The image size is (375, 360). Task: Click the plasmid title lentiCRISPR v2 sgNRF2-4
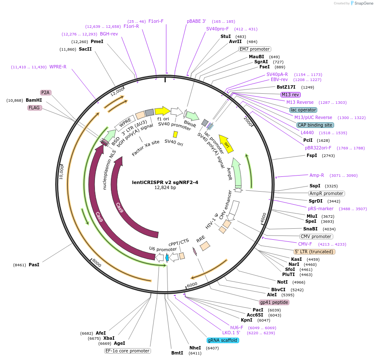[165, 182]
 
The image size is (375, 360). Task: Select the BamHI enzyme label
[34, 100]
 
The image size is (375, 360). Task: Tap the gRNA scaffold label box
[223, 340]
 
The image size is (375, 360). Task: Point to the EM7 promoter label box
[254, 49]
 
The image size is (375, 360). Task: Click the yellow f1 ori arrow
[162, 111]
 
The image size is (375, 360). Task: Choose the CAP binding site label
[315, 125]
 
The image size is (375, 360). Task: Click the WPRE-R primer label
[58, 67]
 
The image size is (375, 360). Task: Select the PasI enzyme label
[34, 265]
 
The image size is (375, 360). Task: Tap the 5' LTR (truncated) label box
[314, 252]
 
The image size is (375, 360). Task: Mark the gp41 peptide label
[274, 302]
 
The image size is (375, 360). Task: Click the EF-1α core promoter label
[127, 351]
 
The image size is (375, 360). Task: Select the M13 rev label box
[291, 95]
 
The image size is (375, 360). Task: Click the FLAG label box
[34, 108]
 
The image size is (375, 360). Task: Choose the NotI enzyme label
[282, 282]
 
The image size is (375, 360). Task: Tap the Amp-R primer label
[316, 175]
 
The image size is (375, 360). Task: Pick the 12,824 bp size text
[165, 188]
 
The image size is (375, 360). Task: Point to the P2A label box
[46, 92]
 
